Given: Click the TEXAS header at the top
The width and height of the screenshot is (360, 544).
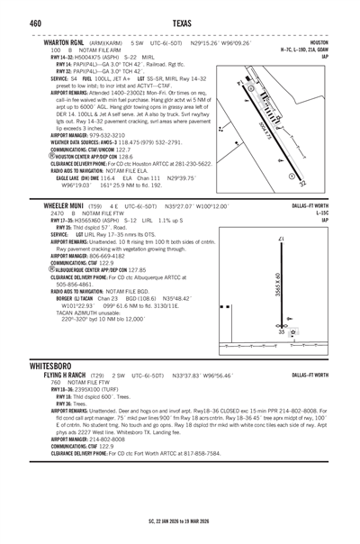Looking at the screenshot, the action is pos(180,20).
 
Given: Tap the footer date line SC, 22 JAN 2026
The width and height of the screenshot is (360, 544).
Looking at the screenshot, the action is pos(180,520).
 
